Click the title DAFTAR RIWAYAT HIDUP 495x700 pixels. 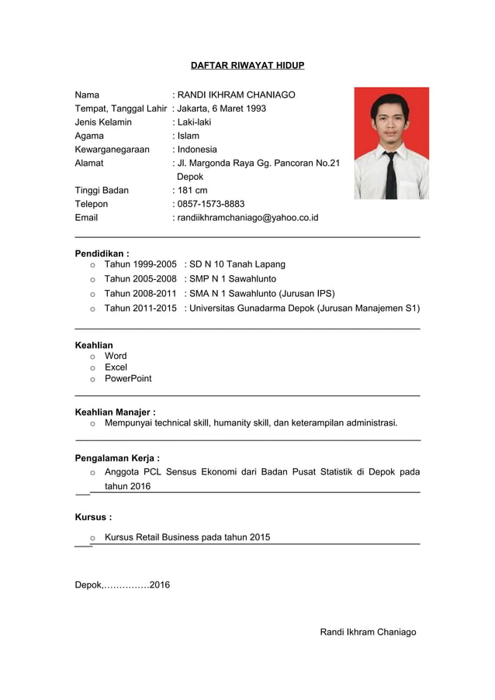pyautogui.click(x=247, y=65)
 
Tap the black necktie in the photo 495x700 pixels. pyautogui.click(x=391, y=175)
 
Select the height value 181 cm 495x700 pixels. pyautogui.click(x=192, y=190)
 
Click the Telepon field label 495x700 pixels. pyautogui.click(x=92, y=204)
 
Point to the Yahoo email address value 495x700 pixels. pyautogui.click(x=247, y=218)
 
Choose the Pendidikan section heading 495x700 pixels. pyautogui.click(x=102, y=253)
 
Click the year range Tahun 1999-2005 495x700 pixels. pyautogui.click(x=140, y=264)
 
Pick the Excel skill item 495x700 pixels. pyautogui.click(x=116, y=367)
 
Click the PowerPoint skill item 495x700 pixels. pyautogui.click(x=128, y=378)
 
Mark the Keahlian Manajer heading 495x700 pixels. pyautogui.click(x=115, y=412)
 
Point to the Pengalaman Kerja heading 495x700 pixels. pyautogui.click(x=117, y=458)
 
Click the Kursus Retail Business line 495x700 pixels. pyautogui.click(x=187, y=536)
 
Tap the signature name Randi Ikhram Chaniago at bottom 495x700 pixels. pyautogui.click(x=368, y=632)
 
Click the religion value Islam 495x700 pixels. pyautogui.click(x=189, y=136)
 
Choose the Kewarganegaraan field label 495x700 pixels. pyautogui.click(x=112, y=149)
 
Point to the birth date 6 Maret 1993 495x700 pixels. pyautogui.click(x=238, y=109)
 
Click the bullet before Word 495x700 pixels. pyautogui.click(x=92, y=357)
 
